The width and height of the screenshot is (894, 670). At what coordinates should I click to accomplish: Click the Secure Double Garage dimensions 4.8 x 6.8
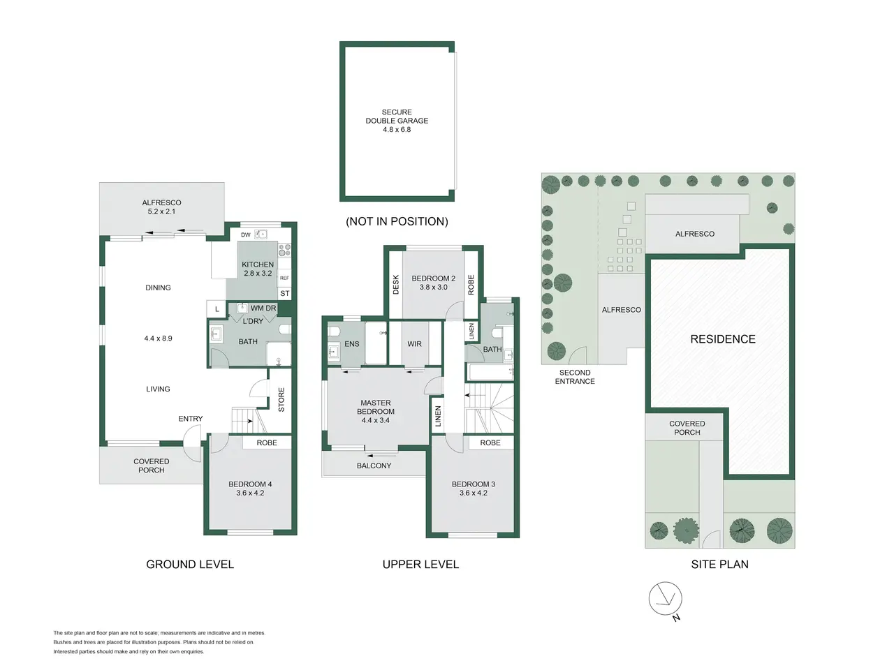click(x=396, y=130)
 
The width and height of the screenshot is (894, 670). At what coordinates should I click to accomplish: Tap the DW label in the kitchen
click(x=245, y=234)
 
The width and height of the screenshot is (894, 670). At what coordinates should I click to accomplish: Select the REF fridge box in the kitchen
click(x=284, y=278)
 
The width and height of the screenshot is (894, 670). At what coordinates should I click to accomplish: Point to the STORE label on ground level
click(x=281, y=399)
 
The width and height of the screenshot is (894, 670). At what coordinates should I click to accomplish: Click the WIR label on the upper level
click(x=414, y=344)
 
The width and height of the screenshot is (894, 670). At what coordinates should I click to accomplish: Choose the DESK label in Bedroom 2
click(x=396, y=284)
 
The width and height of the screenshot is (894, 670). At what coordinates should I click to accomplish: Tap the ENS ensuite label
click(x=351, y=344)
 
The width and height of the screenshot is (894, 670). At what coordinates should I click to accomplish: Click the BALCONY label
click(x=374, y=466)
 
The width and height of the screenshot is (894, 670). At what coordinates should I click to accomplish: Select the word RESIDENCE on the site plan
click(x=722, y=339)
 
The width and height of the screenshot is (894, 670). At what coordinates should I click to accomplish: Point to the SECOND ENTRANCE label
click(x=575, y=377)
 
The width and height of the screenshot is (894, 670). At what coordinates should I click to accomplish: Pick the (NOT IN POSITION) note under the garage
click(x=397, y=221)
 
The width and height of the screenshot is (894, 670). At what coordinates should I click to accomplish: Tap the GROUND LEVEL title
click(x=190, y=565)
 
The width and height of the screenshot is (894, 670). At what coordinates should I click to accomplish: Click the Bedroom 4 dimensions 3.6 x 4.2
click(x=249, y=493)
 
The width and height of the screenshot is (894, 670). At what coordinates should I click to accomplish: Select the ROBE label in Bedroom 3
click(x=490, y=443)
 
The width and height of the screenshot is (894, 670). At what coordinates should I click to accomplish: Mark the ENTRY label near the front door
click(x=190, y=419)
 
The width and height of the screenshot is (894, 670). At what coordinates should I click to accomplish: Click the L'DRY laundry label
click(x=253, y=321)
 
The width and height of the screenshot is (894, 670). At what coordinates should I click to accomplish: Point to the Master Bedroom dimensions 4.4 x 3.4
click(x=375, y=420)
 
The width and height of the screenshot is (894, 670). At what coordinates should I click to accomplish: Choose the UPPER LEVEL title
click(x=420, y=565)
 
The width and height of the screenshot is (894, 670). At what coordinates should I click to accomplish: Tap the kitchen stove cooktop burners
click(x=284, y=250)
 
